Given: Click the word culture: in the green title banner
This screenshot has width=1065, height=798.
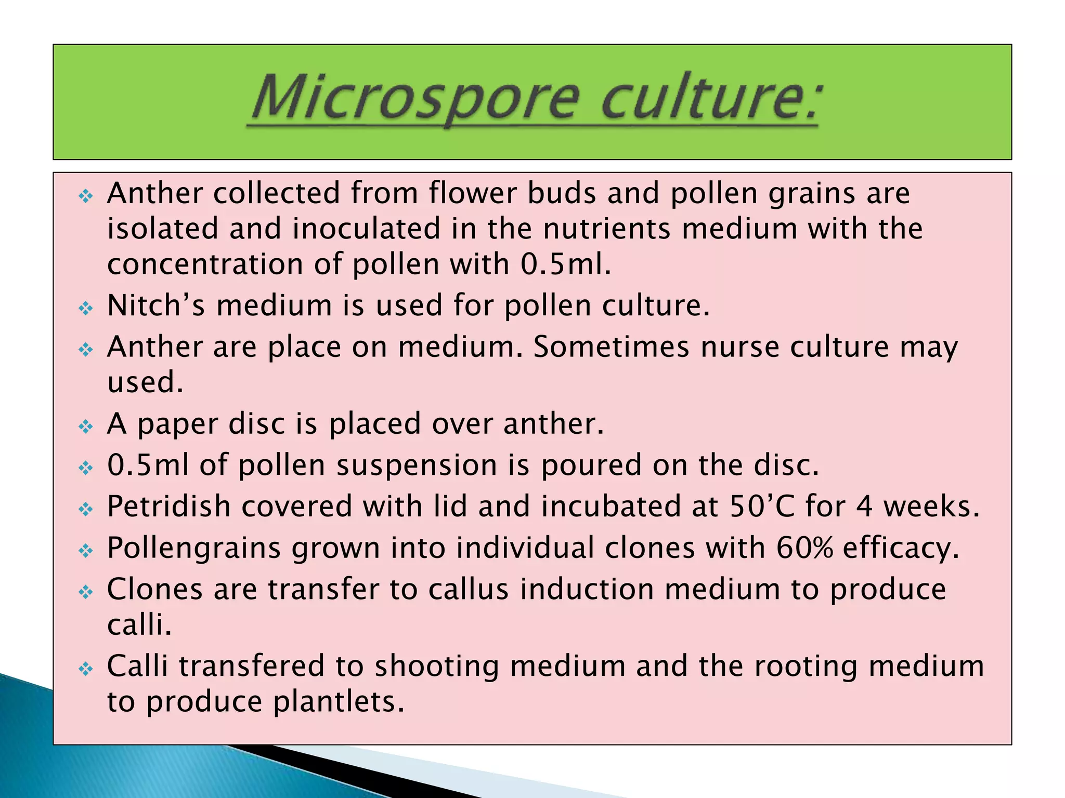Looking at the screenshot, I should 710,99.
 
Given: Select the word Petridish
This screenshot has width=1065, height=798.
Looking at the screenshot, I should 168,507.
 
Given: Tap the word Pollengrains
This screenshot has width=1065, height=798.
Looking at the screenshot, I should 193,549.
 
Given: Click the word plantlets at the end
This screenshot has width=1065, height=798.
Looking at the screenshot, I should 339,702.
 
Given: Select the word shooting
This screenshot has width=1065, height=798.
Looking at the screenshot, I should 437,667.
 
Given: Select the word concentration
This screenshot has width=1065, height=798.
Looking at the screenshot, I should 205,264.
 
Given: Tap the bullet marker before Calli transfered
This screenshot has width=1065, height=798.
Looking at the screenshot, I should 85,669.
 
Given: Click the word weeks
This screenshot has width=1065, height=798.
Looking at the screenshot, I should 931,507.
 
